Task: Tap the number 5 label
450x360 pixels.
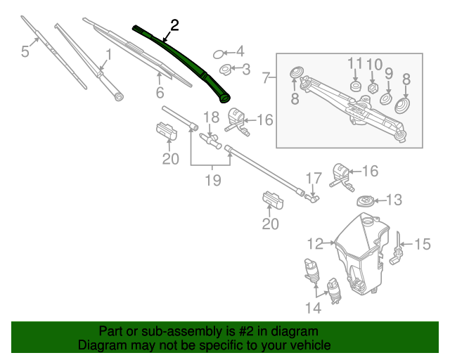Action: pyautogui.click(x=25, y=51)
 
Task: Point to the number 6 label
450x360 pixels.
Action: pyautogui.click(x=160, y=93)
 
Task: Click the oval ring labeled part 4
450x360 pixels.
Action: pyautogui.click(x=219, y=52)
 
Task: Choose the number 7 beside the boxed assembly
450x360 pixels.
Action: pyautogui.click(x=266, y=77)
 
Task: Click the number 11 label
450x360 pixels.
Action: pyautogui.click(x=355, y=65)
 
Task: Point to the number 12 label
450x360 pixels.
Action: pyautogui.click(x=314, y=244)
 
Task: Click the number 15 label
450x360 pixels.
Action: pyautogui.click(x=422, y=244)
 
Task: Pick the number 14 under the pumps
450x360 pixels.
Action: pyautogui.click(x=312, y=307)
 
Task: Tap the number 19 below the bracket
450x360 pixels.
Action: pyautogui.click(x=212, y=180)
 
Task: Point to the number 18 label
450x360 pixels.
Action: pyautogui.click(x=212, y=117)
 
